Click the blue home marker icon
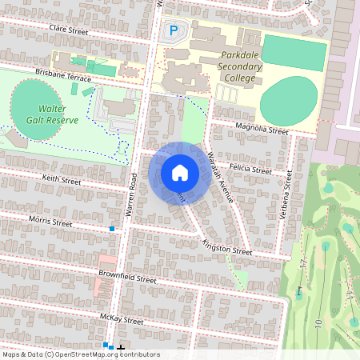[180, 173]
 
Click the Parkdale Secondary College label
[241, 68]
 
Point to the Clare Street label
[68, 29]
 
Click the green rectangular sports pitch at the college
[294, 53]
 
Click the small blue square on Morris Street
[112, 229]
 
